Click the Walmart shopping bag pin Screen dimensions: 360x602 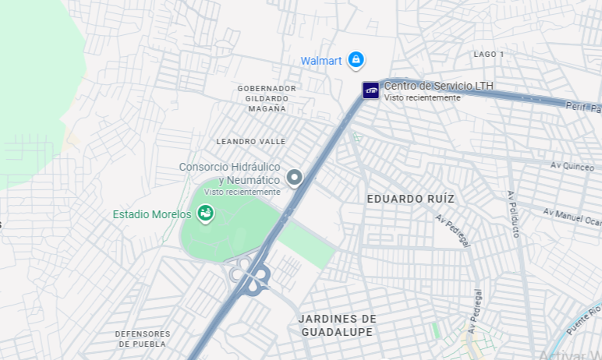(356, 59)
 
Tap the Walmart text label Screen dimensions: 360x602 (321, 61)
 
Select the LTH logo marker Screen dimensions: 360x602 (370, 90)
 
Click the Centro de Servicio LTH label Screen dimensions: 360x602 (438, 86)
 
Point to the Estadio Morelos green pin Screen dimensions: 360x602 (205, 213)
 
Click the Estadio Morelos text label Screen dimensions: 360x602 (152, 214)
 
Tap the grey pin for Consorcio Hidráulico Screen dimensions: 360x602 (294, 178)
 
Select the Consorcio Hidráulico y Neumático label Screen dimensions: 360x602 (229, 174)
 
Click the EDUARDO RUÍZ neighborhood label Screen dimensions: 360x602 (411, 199)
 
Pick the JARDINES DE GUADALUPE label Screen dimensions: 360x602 (338, 325)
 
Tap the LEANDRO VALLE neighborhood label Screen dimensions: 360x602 (251, 141)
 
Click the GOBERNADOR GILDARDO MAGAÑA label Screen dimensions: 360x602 (267, 98)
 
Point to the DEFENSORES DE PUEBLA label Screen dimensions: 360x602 (142, 338)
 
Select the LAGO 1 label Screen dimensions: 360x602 (489, 54)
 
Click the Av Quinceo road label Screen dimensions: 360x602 (572, 165)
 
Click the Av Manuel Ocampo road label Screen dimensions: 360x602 (573, 217)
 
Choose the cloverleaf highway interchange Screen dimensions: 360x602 (250, 274)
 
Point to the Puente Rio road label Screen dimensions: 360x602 (583, 320)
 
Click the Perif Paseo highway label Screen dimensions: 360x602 (583, 106)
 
